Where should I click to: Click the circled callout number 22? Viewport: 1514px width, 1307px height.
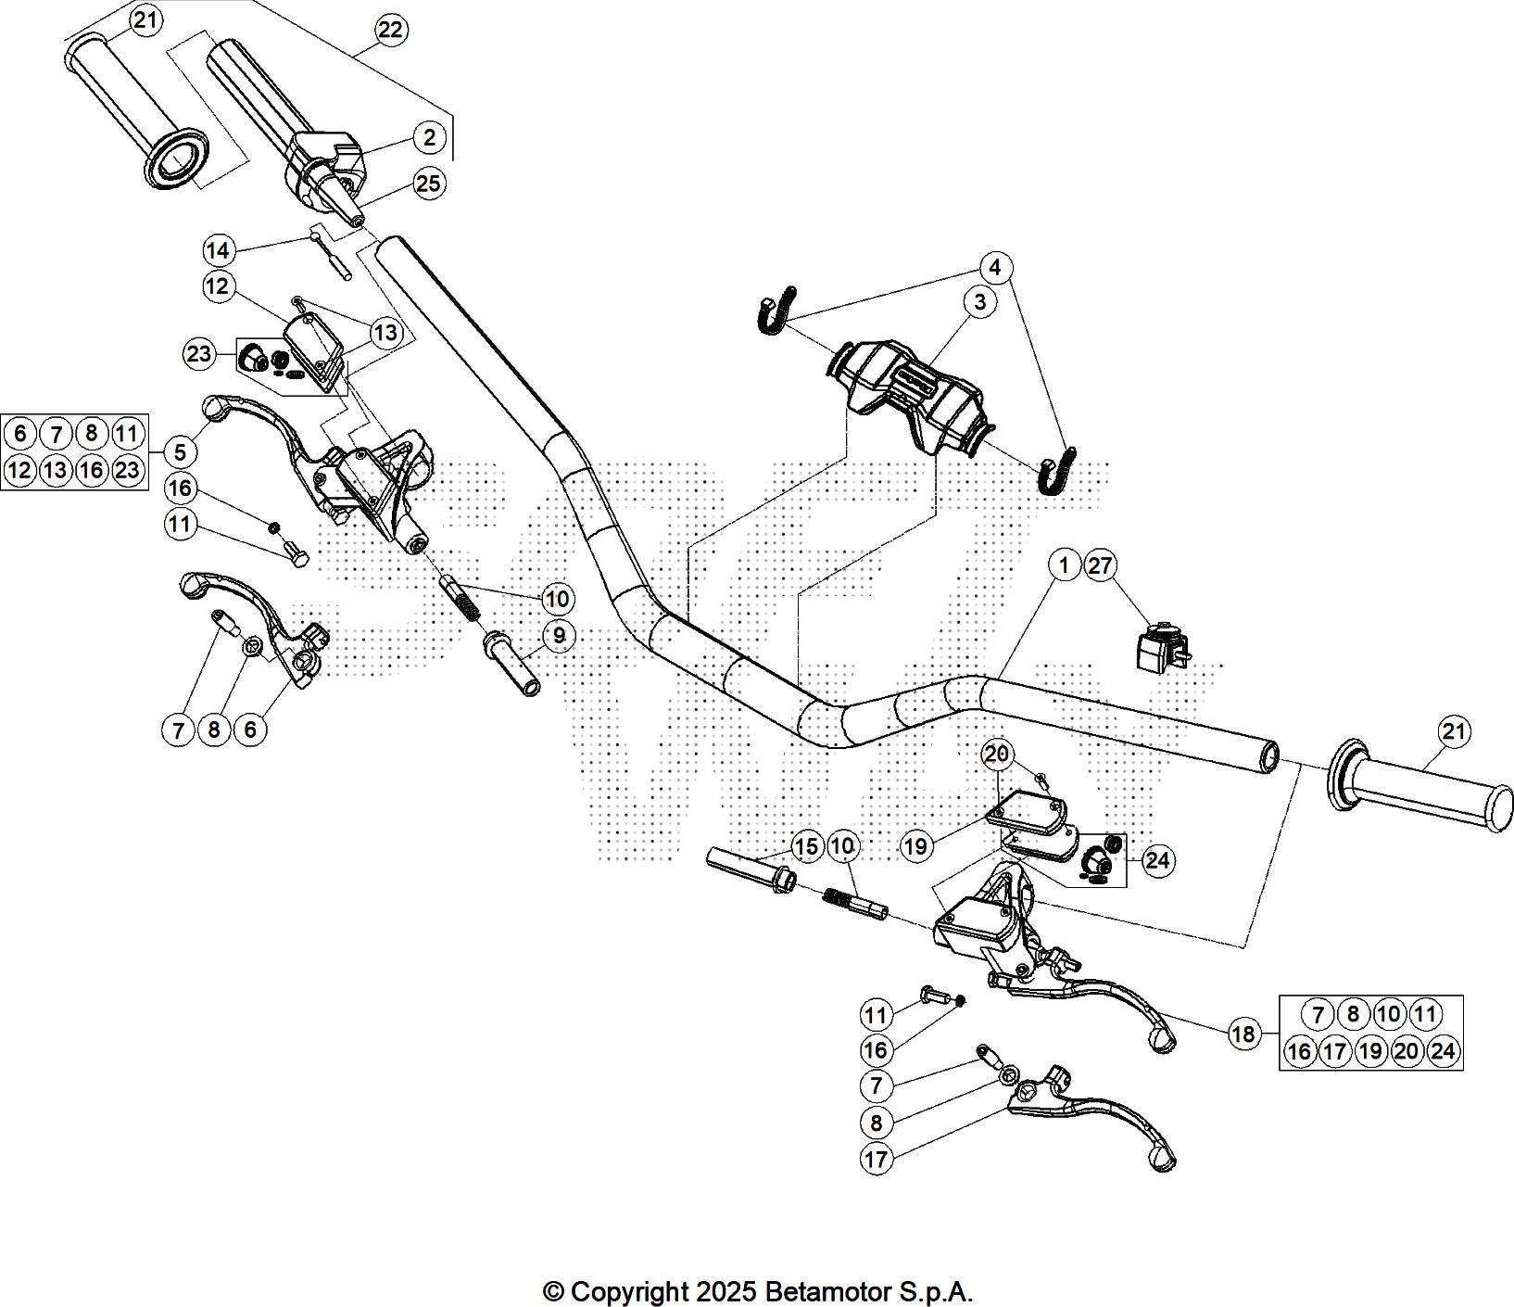coord(390,31)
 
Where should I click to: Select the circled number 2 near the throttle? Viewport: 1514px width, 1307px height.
coord(429,138)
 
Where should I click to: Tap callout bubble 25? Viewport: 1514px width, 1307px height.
coord(429,184)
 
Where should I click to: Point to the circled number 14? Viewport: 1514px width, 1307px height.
coord(218,250)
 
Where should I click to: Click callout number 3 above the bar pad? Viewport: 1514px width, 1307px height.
coord(979,301)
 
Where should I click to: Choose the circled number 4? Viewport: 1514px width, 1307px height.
coord(994,268)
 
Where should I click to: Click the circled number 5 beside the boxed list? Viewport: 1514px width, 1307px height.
coord(181,451)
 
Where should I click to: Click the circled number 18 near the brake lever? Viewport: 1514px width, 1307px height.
coord(1243,1033)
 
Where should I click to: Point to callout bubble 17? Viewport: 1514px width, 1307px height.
coord(876,1159)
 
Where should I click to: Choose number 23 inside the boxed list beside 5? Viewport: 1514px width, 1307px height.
coord(127,470)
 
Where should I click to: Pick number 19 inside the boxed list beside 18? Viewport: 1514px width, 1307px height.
coord(1370,1051)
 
